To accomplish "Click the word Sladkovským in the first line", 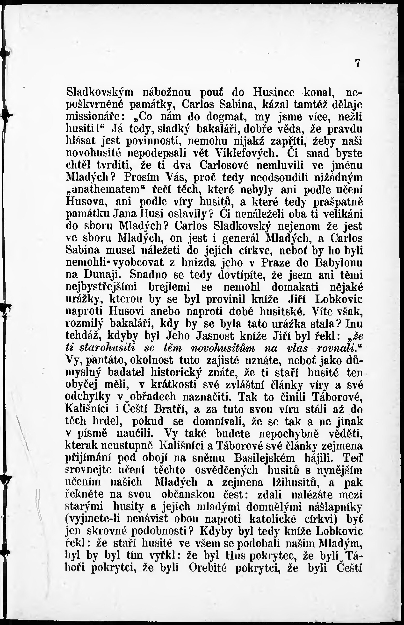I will click(x=100, y=92).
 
